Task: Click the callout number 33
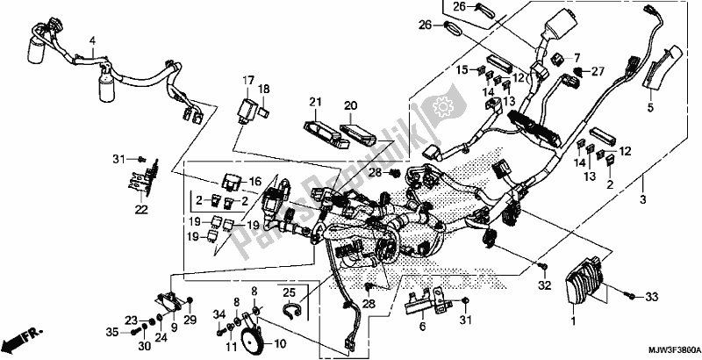tap(650, 299)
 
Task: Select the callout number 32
tap(544, 286)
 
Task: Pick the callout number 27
tap(597, 69)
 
